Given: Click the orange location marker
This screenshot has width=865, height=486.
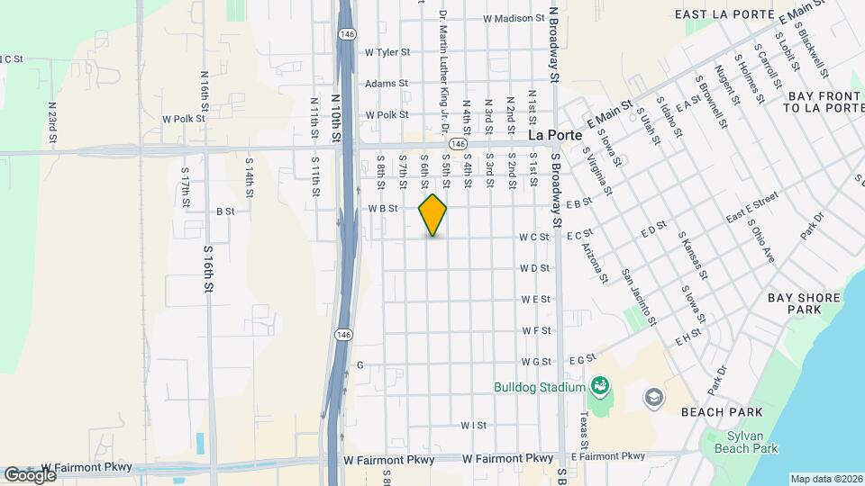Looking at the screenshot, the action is (x=432, y=215).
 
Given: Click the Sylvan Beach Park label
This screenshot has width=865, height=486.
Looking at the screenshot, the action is (x=745, y=441).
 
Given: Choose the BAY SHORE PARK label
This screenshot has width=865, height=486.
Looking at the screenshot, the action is (x=804, y=303).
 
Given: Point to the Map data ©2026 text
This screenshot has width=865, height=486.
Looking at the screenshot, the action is (x=826, y=479).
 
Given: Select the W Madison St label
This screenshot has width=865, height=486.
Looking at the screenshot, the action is (x=514, y=17).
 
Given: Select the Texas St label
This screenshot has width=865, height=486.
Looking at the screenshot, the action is (x=584, y=431).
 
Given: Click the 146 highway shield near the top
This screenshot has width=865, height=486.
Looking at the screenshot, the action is (x=346, y=33).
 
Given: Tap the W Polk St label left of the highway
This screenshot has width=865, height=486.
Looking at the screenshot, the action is (x=184, y=119).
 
